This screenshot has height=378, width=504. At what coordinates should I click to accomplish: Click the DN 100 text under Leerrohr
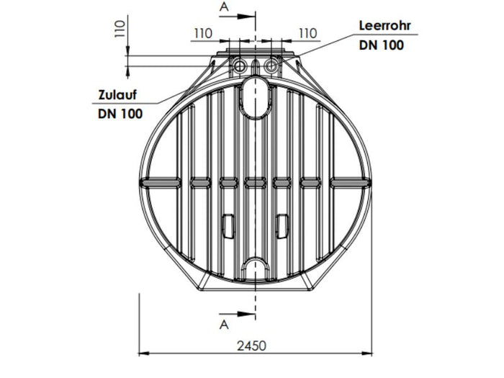381,45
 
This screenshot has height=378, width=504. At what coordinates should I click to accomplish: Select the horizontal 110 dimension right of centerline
307,33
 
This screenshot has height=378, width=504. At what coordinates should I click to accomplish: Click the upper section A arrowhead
250,14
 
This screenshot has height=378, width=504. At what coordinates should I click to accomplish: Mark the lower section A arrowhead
250,314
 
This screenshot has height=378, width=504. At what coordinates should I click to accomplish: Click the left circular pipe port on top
239,66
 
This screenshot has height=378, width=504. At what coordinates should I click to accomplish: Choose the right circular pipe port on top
271,66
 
